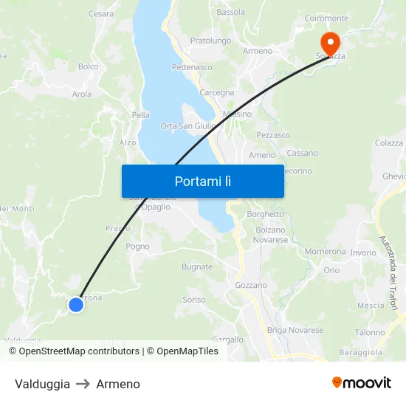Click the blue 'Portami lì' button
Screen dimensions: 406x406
(x=202, y=181)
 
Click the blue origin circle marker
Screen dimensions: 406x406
(x=75, y=304)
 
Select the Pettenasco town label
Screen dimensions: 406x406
(x=192, y=67)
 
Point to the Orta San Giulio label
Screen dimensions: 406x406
(x=188, y=126)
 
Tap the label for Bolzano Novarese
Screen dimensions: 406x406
(x=271, y=235)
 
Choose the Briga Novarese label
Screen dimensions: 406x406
(x=295, y=330)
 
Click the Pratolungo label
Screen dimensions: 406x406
(x=210, y=41)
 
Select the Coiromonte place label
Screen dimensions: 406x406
(x=326, y=18)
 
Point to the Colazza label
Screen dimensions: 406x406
(x=389, y=143)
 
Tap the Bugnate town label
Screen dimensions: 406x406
(x=197, y=267)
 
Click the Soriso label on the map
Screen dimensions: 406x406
(x=194, y=300)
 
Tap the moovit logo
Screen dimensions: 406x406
(x=362, y=383)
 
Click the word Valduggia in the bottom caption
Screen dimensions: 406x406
(x=42, y=384)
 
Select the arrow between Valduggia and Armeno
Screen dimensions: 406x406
(x=83, y=384)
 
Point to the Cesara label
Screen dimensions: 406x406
(x=101, y=13)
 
